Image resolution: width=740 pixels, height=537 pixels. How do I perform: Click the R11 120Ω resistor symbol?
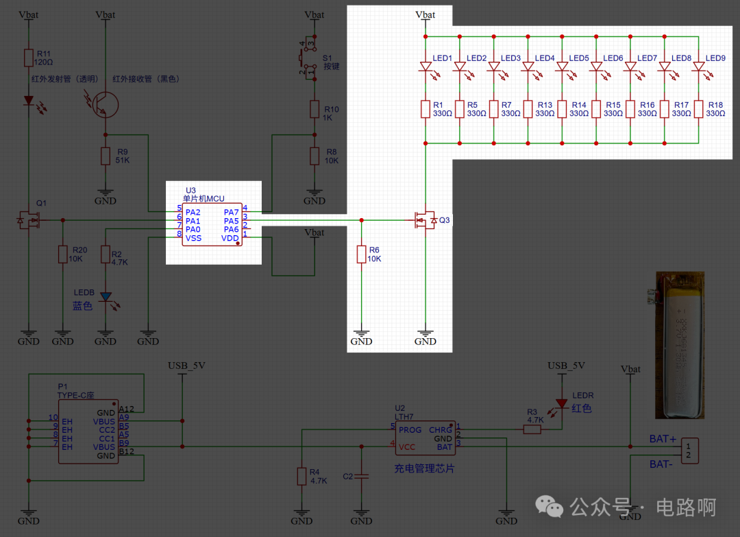(x=28, y=58)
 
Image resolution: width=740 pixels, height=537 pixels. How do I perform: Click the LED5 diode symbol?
(x=562, y=67)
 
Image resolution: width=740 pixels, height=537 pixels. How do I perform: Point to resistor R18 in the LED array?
(x=698, y=109)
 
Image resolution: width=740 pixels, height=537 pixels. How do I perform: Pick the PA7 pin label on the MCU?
(x=231, y=213)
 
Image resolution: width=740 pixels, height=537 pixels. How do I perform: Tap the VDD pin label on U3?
(x=230, y=238)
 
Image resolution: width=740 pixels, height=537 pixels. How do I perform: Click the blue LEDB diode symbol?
(x=106, y=297)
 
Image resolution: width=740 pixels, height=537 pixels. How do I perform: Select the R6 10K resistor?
(x=361, y=254)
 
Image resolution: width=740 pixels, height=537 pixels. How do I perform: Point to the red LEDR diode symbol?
(x=561, y=403)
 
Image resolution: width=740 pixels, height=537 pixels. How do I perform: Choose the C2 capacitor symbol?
(x=361, y=476)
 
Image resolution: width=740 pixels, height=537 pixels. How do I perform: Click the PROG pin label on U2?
(x=410, y=430)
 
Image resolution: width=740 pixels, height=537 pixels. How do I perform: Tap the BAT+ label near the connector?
(x=663, y=439)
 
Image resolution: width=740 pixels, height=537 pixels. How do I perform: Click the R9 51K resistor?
(x=106, y=156)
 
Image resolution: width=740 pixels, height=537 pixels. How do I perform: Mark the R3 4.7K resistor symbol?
(x=532, y=430)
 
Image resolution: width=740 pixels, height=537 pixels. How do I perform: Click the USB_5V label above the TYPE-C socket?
(x=186, y=365)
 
